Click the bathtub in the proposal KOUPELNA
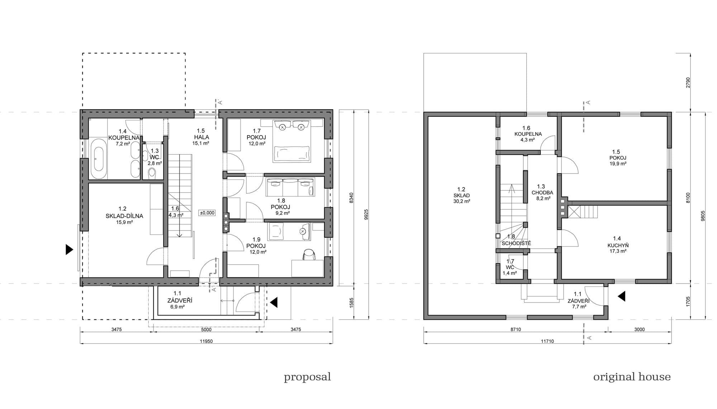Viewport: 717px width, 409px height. [x=98, y=158]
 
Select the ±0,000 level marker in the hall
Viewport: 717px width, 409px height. [x=207, y=213]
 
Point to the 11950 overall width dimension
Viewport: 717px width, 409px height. [x=206, y=341]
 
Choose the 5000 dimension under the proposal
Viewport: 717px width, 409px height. [x=206, y=329]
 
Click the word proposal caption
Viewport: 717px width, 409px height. [x=307, y=377]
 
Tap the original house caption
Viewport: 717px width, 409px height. [x=632, y=377]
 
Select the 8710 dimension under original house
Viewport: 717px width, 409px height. [x=516, y=329]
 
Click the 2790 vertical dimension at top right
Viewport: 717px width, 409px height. [x=687, y=82]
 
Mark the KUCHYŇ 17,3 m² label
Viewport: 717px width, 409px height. [x=617, y=245]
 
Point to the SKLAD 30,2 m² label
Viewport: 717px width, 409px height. [x=461, y=195]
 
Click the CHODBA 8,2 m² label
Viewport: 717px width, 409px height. [x=542, y=192]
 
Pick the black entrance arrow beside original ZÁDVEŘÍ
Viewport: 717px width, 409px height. [x=621, y=296]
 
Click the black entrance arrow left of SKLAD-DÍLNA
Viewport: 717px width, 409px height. [x=69, y=249]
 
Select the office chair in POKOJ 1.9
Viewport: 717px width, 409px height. [x=309, y=255]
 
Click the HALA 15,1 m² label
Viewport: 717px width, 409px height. [x=201, y=137]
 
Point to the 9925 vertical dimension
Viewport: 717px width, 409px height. [x=366, y=214]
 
